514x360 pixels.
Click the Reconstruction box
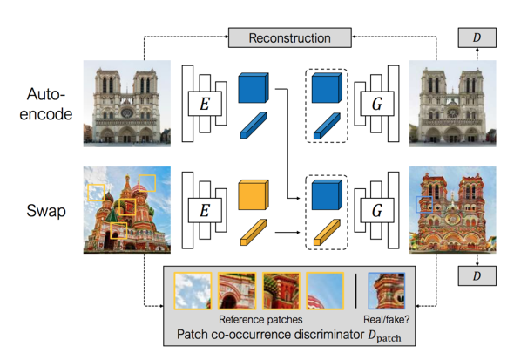(x=290, y=37)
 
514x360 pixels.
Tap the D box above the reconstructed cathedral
(x=477, y=37)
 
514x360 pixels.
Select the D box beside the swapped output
(x=477, y=275)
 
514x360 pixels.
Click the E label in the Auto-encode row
(x=205, y=104)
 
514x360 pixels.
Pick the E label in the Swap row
(x=205, y=210)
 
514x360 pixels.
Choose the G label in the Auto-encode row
(x=377, y=104)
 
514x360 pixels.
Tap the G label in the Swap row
(x=377, y=210)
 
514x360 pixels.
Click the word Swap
(x=46, y=211)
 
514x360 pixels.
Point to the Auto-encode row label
(x=46, y=104)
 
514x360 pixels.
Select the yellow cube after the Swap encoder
(x=254, y=194)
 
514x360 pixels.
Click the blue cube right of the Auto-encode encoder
(x=254, y=88)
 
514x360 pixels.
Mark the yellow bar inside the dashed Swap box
(x=327, y=232)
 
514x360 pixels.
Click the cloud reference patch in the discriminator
(x=193, y=291)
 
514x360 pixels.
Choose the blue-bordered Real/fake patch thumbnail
(x=387, y=291)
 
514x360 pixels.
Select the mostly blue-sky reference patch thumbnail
(x=325, y=291)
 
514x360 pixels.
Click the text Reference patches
(x=260, y=320)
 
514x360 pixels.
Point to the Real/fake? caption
(x=387, y=320)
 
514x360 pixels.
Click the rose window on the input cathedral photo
(x=126, y=113)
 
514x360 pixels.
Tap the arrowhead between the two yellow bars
(x=298, y=232)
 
